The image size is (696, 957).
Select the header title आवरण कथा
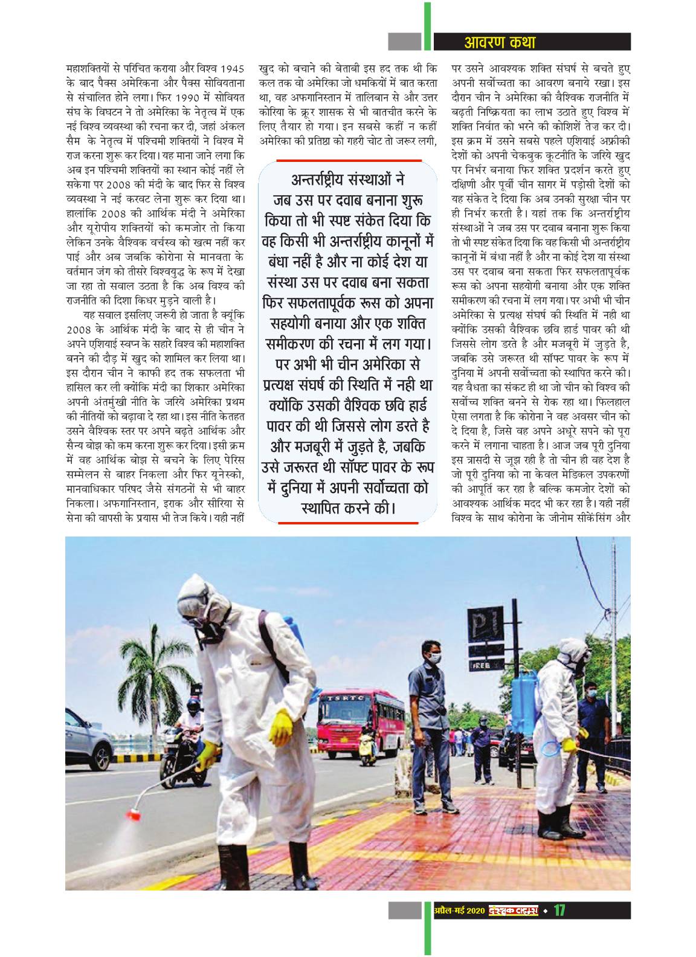click(499, 42)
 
